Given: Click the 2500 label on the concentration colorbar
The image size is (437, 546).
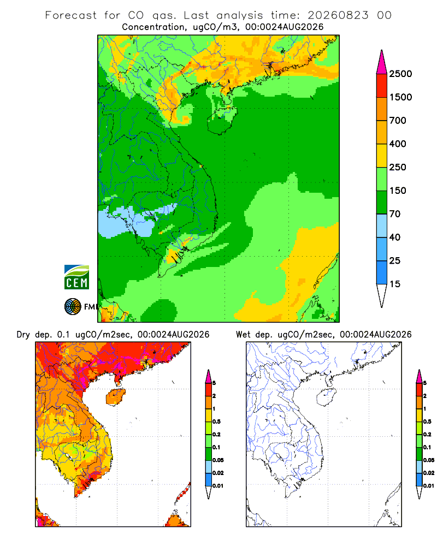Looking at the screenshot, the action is pos(400,74).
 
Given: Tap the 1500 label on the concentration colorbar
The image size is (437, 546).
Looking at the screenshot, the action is pos(400,97).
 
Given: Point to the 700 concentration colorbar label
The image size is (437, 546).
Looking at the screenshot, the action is pos(398,121).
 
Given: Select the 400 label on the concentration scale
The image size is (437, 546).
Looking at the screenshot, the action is pos(398,144).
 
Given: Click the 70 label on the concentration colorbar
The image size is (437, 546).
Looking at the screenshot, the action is pos(395,214).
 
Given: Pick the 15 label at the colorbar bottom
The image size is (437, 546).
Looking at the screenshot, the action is pos(395,284).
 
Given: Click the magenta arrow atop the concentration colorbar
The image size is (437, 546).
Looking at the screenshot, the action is pos(382,63).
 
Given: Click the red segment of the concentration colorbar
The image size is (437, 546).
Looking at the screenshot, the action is pos(382,86).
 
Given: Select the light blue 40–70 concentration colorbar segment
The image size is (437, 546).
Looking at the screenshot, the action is pos(382,225).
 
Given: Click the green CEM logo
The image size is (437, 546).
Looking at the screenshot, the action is pos(76,277).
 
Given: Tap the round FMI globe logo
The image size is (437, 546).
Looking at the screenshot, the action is pos(73,307).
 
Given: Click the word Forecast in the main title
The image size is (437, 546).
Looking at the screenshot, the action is pos(71,15).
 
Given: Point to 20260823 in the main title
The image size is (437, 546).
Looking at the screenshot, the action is pos(338,15).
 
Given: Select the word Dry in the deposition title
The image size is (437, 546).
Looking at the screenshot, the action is pos(23,335).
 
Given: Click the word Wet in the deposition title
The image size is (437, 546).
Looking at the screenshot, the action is pos(243,335).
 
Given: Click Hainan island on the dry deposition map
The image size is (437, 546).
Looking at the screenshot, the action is pos(115,397).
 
